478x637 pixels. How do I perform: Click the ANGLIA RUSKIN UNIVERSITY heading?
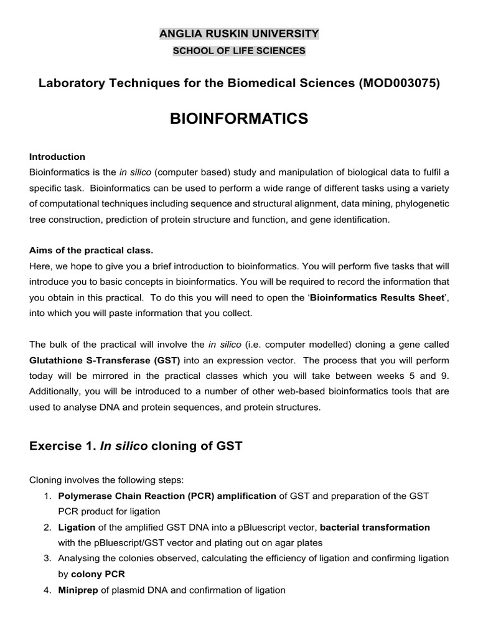pos(239,34)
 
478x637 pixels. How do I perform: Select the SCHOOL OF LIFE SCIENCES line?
pos(239,51)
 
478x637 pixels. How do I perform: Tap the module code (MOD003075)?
pos(400,84)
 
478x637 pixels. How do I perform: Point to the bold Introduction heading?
pos(57,157)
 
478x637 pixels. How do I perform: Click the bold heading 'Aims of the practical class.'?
pos(91,250)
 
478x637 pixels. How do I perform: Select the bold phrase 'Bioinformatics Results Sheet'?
pos(377,298)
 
